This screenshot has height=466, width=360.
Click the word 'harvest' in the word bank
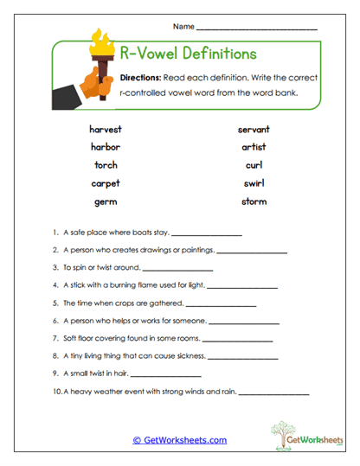pyautogui.click(x=105, y=129)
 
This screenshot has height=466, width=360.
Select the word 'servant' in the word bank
pyautogui.click(x=254, y=129)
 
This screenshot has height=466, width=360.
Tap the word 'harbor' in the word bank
pyautogui.click(x=105, y=147)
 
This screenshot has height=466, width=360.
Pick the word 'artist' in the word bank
pyautogui.click(x=254, y=147)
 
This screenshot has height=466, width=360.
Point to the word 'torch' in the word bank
pyautogui.click(x=105, y=165)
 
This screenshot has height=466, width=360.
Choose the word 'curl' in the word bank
pyautogui.click(x=254, y=165)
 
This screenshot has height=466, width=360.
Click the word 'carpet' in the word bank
pyautogui.click(x=105, y=183)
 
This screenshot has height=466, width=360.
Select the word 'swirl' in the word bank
pyautogui.click(x=254, y=183)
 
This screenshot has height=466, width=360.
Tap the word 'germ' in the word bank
pyautogui.click(x=105, y=201)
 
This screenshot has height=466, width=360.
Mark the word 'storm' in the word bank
pyautogui.click(x=254, y=201)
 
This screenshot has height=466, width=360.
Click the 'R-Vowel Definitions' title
pyautogui.click(x=187, y=54)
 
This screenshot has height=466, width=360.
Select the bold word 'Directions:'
pyautogui.click(x=147, y=78)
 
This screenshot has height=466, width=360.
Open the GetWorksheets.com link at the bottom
pyautogui.click(x=179, y=440)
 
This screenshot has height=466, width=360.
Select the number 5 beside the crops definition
pyautogui.click(x=55, y=303)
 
